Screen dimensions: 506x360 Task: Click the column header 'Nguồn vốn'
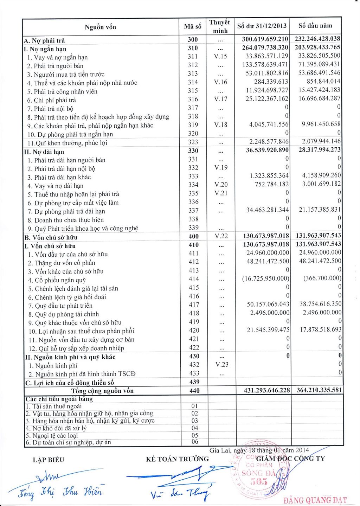(100, 27)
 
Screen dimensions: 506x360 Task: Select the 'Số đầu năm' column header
(315, 26)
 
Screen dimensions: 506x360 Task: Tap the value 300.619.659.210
(265, 39)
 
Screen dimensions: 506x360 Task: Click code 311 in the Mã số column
(193, 56)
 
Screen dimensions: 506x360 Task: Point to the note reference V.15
(220, 56)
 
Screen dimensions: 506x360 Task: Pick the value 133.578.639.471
(265, 65)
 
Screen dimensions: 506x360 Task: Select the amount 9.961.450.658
(321, 124)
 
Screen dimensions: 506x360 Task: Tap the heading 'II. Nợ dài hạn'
(44, 152)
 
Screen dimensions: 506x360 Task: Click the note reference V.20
(221, 185)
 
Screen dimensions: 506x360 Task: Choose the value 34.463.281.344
(268, 210)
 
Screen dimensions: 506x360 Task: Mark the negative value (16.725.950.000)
(266, 278)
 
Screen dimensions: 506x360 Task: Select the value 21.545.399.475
(268, 330)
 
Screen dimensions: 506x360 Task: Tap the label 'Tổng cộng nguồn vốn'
(102, 391)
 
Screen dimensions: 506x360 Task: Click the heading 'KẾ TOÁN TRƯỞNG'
(177, 459)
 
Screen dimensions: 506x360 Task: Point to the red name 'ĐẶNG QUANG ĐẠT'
(315, 500)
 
